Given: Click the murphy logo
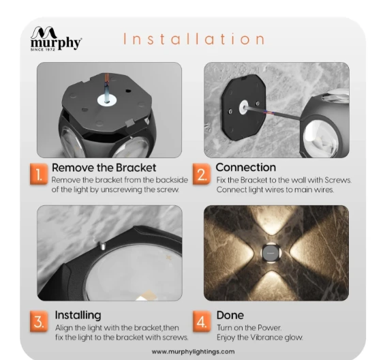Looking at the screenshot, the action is point(56,39).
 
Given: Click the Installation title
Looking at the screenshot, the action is point(194,39).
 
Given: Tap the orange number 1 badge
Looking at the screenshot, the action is point(39,174).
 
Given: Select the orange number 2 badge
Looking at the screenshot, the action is point(202,174).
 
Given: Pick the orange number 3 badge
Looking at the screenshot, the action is point(39,321).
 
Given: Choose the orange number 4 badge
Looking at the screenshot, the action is point(202,321).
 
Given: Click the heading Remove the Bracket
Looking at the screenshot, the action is point(104,168).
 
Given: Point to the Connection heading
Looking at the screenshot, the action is point(246,168).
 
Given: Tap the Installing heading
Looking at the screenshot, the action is point(78,315).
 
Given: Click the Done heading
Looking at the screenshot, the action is point(230,315).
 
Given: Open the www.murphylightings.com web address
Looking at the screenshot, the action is point(193,352).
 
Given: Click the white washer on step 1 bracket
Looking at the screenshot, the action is point(107,100).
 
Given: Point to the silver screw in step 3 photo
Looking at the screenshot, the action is point(102,245).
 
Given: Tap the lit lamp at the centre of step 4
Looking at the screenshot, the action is point(271,253).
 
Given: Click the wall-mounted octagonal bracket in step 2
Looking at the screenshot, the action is point(243,107).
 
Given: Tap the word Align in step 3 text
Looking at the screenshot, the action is point(63,328).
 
